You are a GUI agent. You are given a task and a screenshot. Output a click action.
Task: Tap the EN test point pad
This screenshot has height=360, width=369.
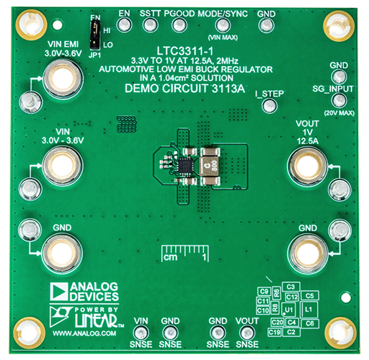124,24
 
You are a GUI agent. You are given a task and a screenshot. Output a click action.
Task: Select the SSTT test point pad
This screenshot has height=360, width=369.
150,24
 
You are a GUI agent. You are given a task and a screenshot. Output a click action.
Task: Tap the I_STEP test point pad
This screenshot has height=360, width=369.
270,106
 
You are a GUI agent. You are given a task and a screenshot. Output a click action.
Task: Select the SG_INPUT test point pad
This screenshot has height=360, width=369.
333,102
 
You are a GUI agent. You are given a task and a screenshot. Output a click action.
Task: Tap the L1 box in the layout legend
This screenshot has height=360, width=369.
308,308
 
